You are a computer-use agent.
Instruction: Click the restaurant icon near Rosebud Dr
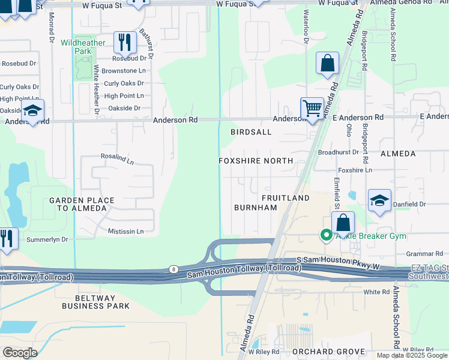pyautogui.click(x=125, y=42)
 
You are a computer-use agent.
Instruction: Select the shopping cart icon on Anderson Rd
pyautogui.click(x=312, y=109)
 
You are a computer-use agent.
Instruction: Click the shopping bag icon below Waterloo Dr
pyautogui.click(x=327, y=63)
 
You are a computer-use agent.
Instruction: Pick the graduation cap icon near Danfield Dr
pyautogui.click(x=379, y=201)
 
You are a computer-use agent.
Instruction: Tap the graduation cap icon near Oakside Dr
pyautogui.click(x=32, y=110)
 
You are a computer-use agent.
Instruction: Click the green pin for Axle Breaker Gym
pyautogui.click(x=327, y=235)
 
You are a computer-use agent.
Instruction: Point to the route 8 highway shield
pyautogui.click(x=173, y=270)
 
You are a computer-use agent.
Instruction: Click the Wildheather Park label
pyautogui.click(x=83, y=47)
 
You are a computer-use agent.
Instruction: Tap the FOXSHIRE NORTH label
pyautogui.click(x=256, y=161)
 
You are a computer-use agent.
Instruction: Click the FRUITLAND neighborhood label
pyautogui.click(x=286, y=197)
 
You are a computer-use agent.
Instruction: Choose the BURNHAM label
pyautogui.click(x=255, y=208)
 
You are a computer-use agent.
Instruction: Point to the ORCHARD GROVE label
pyautogui.click(x=328, y=351)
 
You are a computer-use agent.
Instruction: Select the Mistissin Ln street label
pyautogui.click(x=126, y=231)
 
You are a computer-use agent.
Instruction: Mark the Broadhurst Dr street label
pyautogui.click(x=338, y=152)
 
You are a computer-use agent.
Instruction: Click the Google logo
pyautogui.click(x=20, y=352)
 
